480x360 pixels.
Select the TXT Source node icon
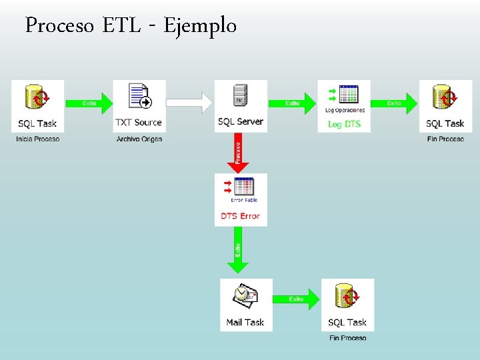tap(139, 97)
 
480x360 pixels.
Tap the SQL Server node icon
tap(240, 97)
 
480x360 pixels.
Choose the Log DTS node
tap(344, 106)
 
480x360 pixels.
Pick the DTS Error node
tap(241, 199)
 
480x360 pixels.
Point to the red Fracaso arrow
tap(239, 152)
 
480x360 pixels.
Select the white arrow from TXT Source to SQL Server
tap(189, 103)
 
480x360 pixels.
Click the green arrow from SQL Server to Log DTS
tap(292, 103)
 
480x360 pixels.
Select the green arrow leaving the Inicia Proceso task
tap(89, 103)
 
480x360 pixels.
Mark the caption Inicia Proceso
tap(38, 139)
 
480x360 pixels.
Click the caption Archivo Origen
tap(139, 139)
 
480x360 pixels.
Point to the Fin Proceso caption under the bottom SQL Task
tap(347, 338)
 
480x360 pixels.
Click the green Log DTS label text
tap(344, 124)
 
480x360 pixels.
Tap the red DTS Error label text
tap(240, 216)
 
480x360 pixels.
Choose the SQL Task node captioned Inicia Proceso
tap(38, 106)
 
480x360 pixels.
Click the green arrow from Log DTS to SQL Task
tap(394, 103)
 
